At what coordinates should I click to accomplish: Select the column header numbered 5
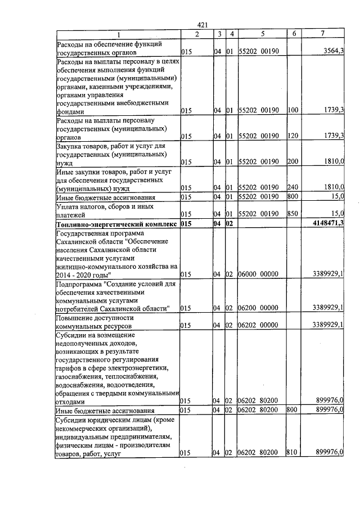[x=262, y=34]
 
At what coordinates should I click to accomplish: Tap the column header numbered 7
[x=322, y=34]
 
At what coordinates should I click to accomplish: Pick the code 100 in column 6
[x=292, y=111]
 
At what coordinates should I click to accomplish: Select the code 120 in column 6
[x=292, y=136]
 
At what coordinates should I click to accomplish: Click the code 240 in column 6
[x=292, y=187]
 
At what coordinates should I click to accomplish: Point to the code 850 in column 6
[x=292, y=214]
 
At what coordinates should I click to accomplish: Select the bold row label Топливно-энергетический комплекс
[x=117, y=224]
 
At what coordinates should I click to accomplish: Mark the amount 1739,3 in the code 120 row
[x=334, y=136]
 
